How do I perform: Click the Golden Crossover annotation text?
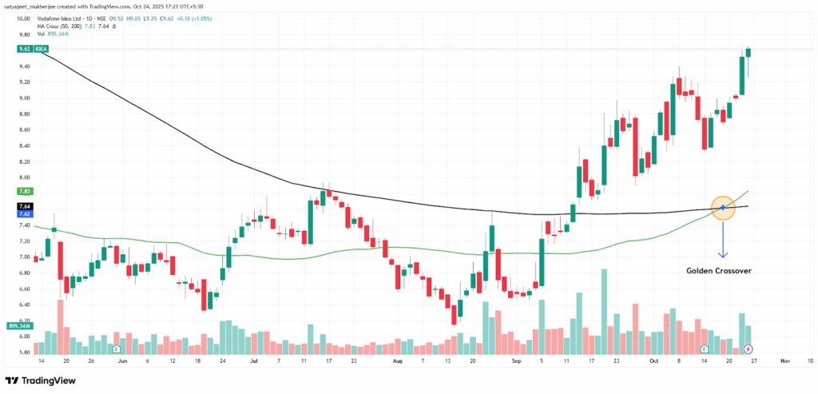(719, 270)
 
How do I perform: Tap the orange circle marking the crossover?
(722, 208)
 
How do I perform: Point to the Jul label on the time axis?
(253, 360)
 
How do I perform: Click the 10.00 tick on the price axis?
(22, 18)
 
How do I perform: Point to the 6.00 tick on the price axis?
(22, 336)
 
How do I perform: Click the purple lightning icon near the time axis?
(749, 349)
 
